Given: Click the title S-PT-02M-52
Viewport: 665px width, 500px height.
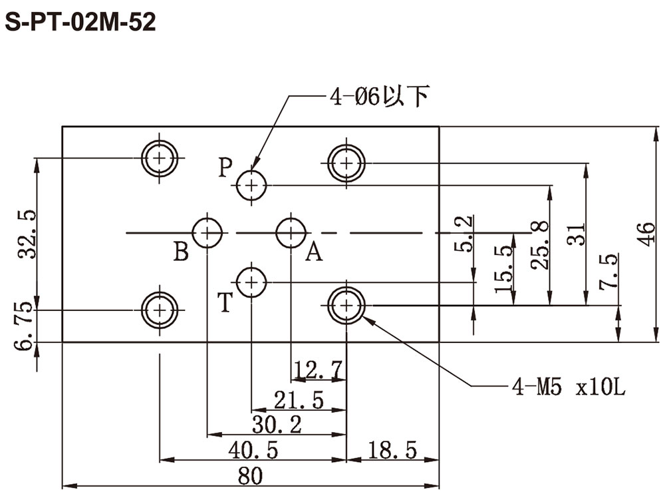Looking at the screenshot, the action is point(80,22).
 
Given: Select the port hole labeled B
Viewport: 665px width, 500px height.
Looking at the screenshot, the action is point(207,232).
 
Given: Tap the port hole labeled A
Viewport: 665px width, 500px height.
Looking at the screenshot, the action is point(291,232).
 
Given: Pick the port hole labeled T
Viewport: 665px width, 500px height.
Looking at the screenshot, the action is point(251,282).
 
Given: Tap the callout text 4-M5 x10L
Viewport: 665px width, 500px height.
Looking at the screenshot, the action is point(569,387).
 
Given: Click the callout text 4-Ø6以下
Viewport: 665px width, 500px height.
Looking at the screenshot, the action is point(380,97).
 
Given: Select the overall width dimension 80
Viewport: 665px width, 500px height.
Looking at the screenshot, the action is point(250,476).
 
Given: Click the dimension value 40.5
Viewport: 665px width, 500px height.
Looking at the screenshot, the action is point(253,450).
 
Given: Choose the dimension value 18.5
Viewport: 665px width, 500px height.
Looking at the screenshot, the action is point(392,450).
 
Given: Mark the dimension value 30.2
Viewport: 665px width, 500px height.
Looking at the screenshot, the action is point(277,425).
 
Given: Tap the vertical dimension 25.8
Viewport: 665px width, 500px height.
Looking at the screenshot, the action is point(540,245).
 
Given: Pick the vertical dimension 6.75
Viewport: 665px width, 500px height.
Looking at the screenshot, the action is point(23,326).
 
